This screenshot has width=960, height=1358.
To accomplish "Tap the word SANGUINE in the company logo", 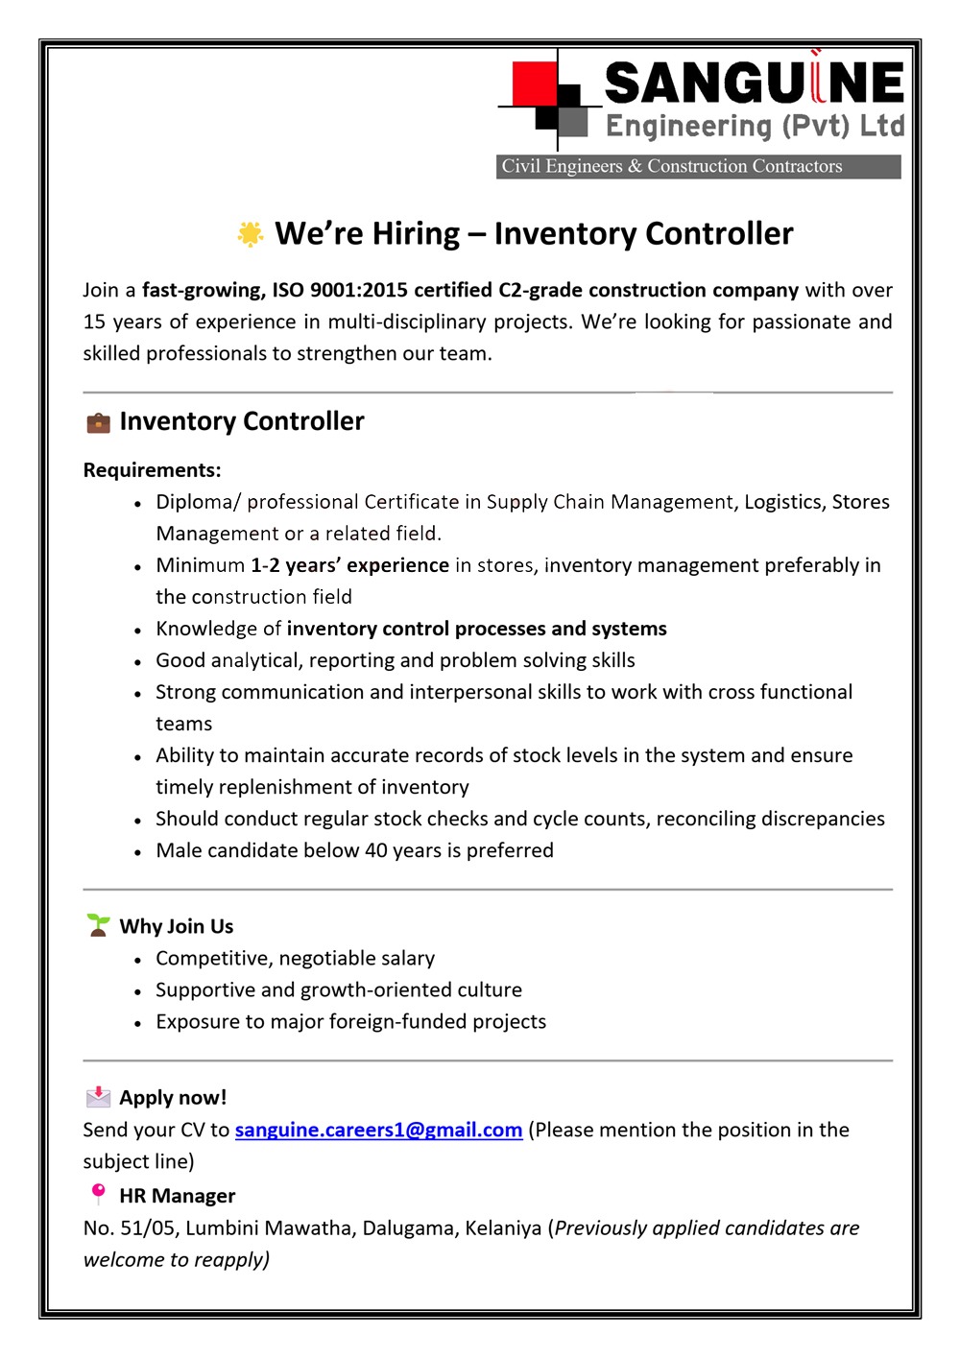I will pyautogui.click(x=755, y=83).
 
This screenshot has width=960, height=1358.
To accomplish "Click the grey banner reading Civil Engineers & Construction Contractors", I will pyautogui.click(x=699, y=166).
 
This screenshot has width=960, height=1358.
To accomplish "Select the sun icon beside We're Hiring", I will pyautogui.click(x=251, y=234).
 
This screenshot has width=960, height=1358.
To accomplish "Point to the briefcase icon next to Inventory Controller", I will pyautogui.click(x=98, y=422).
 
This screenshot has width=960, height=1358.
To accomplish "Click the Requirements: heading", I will pyautogui.click(x=152, y=470).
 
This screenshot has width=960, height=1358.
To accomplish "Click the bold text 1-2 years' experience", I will pyautogui.click(x=349, y=565).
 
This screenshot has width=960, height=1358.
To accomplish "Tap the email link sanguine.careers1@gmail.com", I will pyautogui.click(x=378, y=1130).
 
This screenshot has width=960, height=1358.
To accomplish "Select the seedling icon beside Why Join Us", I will pyautogui.click(x=98, y=925).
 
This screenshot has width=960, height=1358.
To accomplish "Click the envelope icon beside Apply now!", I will pyautogui.click(x=98, y=1097).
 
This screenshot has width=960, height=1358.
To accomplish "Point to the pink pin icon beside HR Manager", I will pyautogui.click(x=98, y=1194).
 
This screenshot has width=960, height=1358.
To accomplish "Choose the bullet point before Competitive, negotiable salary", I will pyautogui.click(x=138, y=960).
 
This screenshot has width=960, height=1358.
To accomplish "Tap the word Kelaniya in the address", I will pyautogui.click(x=503, y=1228).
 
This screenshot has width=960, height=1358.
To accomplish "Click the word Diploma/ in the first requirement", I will pyautogui.click(x=198, y=502).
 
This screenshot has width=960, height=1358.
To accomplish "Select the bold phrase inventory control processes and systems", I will pyautogui.click(x=476, y=629).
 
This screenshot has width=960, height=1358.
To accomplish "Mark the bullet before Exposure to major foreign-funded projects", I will pyautogui.click(x=138, y=1023).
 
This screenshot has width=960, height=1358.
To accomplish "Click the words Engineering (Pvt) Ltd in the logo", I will pyautogui.click(x=755, y=127).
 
